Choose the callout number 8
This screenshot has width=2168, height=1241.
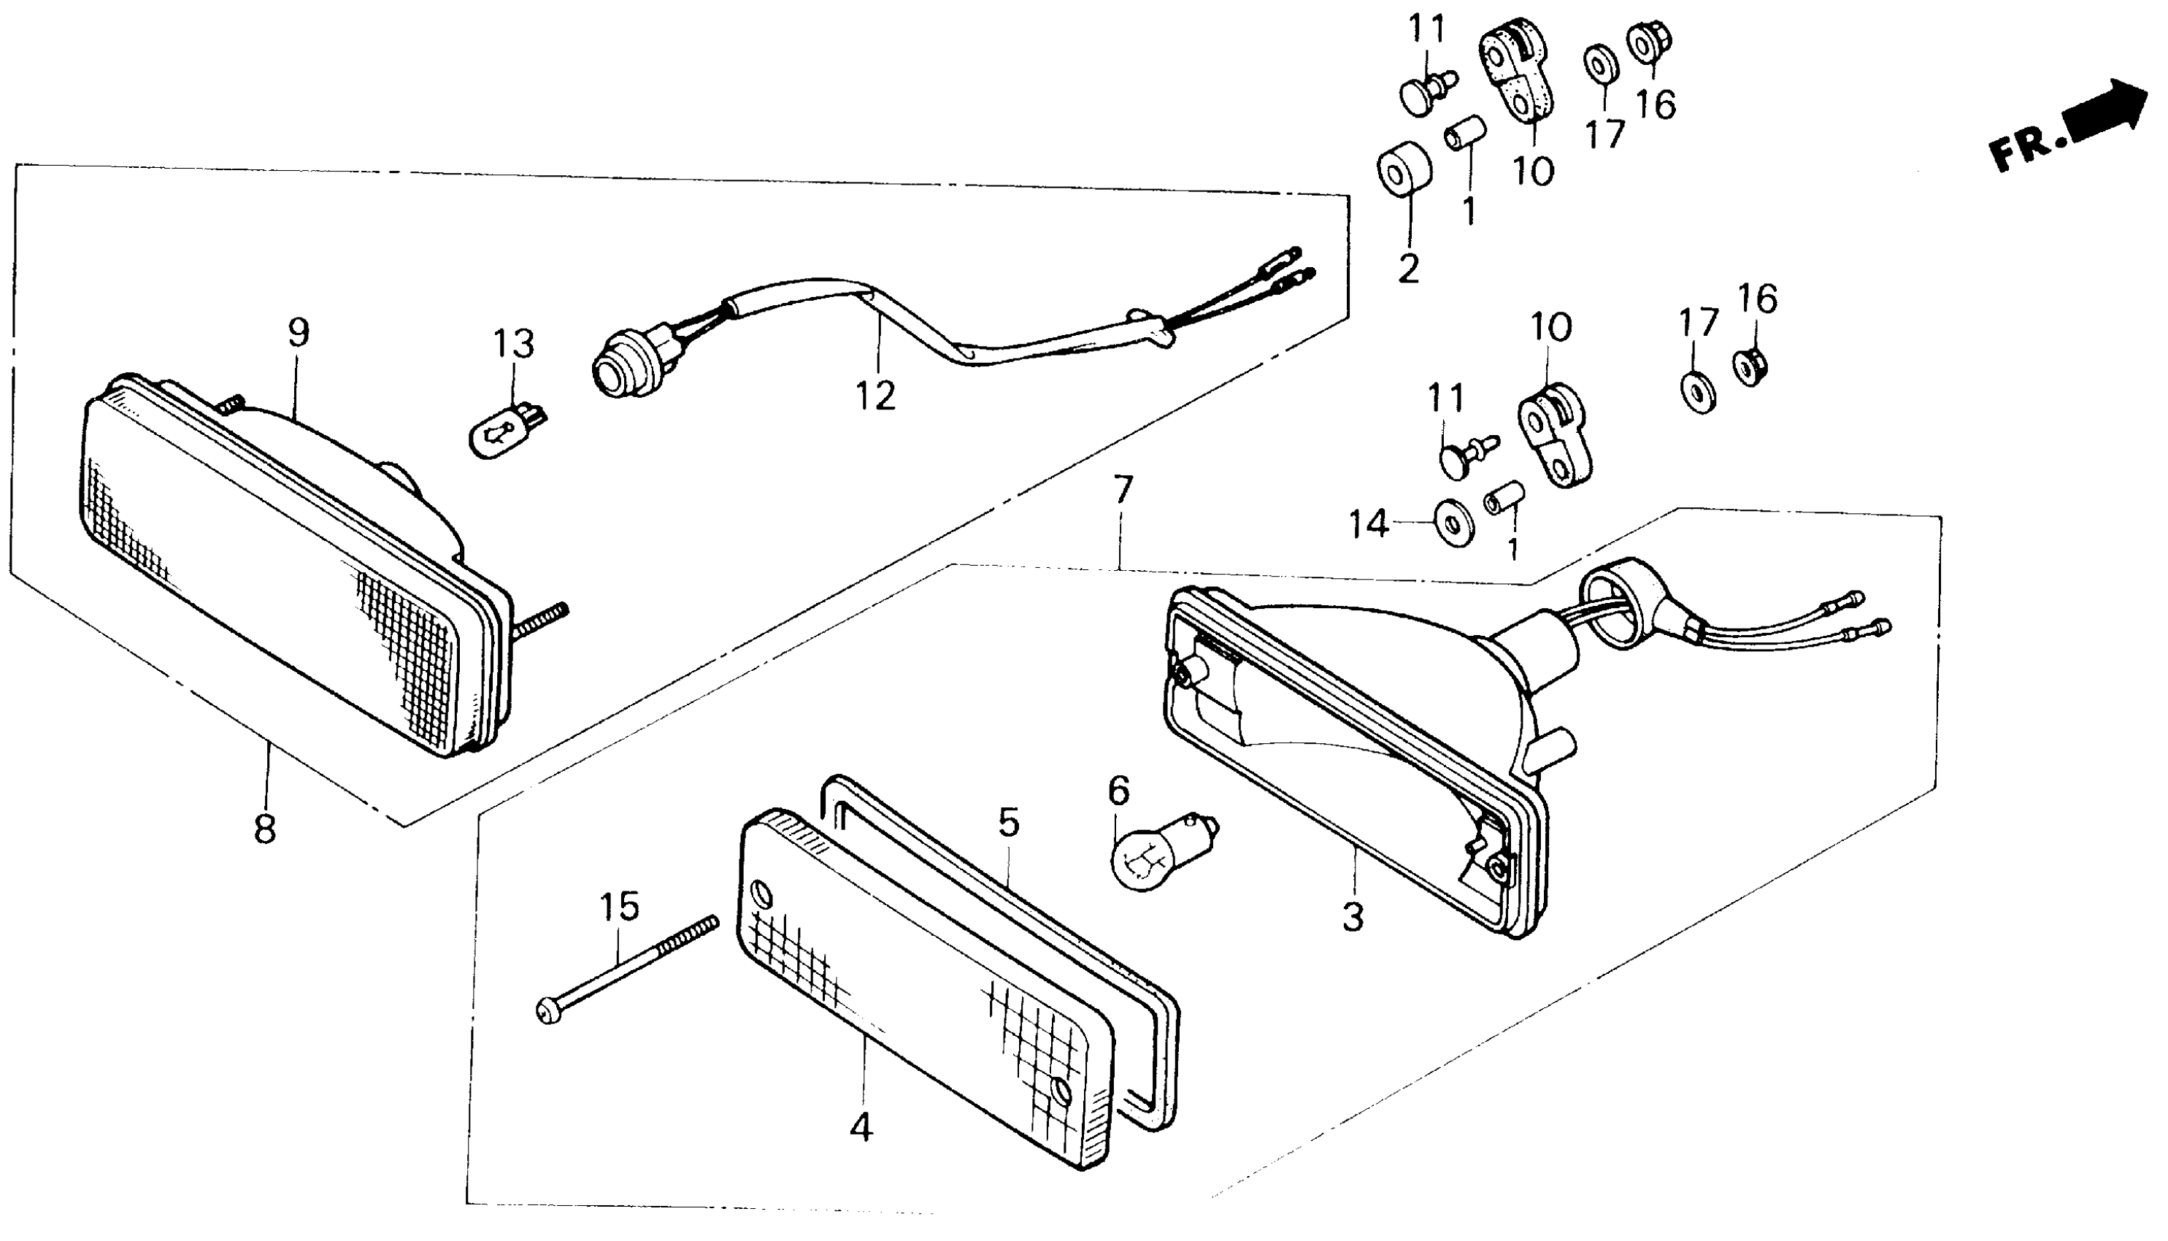pyautogui.click(x=265, y=829)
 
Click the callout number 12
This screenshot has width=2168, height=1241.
pyautogui.click(x=876, y=396)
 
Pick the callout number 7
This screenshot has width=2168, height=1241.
pyautogui.click(x=1123, y=489)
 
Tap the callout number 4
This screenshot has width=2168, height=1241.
pyautogui.click(x=861, y=1127)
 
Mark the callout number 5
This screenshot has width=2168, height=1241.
pyautogui.click(x=1008, y=823)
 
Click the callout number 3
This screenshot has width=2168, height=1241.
pyautogui.click(x=1353, y=917)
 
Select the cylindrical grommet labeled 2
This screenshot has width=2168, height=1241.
pyautogui.click(x=1404, y=169)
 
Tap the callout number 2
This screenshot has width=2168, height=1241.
pyautogui.click(x=1409, y=269)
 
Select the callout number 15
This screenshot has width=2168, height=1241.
pyautogui.click(x=620, y=907)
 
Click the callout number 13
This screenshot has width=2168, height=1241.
pyautogui.click(x=514, y=345)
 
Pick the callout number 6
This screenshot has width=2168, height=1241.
pyautogui.click(x=1118, y=791)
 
